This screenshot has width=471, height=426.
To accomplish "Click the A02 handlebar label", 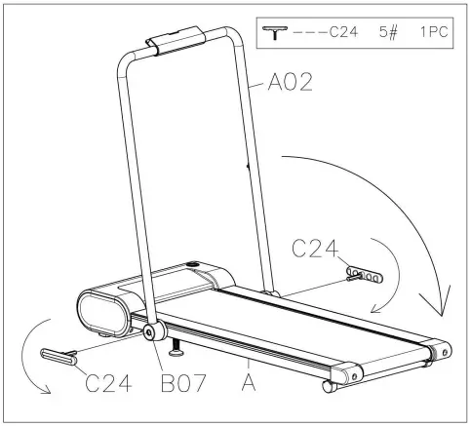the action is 290,82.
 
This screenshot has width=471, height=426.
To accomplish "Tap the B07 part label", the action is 183,383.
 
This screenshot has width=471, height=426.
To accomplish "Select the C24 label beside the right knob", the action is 315,249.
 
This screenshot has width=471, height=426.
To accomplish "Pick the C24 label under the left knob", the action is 108,383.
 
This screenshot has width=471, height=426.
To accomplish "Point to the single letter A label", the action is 249,383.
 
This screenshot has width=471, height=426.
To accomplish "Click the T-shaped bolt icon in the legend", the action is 275,33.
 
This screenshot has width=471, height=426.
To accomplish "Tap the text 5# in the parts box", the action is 388,32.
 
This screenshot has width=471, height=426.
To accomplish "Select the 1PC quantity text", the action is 434,32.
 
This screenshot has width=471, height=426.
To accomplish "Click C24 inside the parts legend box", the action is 343,32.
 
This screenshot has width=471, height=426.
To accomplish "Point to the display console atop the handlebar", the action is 176,41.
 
